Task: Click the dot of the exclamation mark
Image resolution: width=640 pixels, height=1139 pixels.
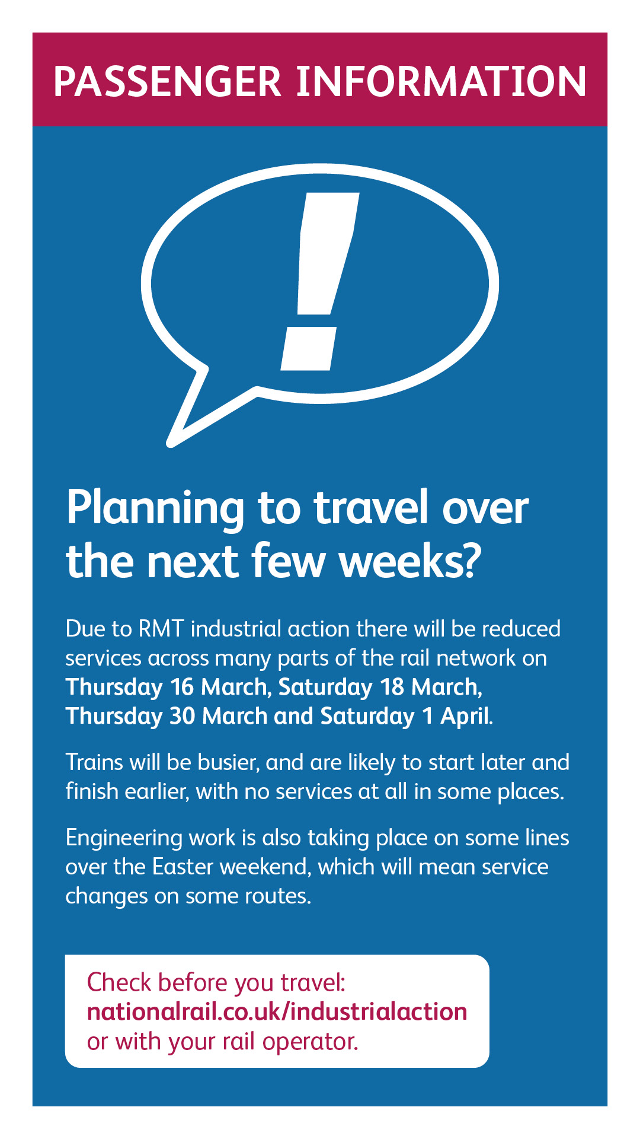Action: (x=309, y=349)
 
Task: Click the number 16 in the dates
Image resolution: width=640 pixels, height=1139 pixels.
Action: (x=182, y=687)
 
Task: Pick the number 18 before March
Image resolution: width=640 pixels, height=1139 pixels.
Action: (x=392, y=687)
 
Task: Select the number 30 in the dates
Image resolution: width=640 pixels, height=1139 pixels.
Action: (x=183, y=716)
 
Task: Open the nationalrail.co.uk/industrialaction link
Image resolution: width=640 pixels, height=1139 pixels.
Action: (x=277, y=1012)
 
